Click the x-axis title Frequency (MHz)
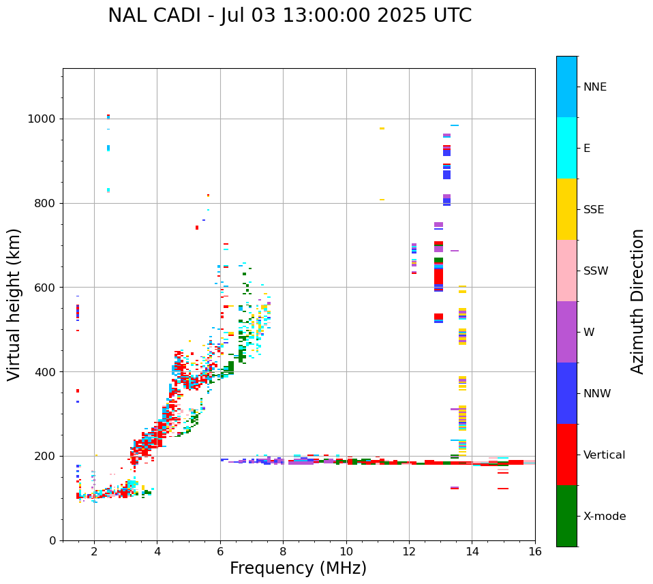pyautogui.click(x=298, y=568)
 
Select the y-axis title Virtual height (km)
pyautogui.click(x=15, y=305)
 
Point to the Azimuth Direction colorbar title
pyautogui.click(x=637, y=301)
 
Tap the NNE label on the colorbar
pyautogui.click(x=594, y=87)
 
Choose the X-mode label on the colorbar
pyautogui.click(x=604, y=517)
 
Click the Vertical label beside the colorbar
pyautogui.click(x=604, y=455)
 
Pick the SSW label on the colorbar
pyautogui.click(x=596, y=271)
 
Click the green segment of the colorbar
pyautogui.click(x=566, y=516)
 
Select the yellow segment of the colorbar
pyautogui.click(x=566, y=209)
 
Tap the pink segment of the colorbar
pyautogui.click(x=566, y=271)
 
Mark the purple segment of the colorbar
pyautogui.click(x=566, y=332)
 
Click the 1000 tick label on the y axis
pyautogui.click(x=42, y=119)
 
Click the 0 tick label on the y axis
pyautogui.click(x=52, y=540)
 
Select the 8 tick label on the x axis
pyautogui.click(x=284, y=552)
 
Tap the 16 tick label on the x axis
pyautogui.click(x=535, y=552)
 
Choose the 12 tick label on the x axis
pyautogui.click(x=409, y=552)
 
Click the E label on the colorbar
pyautogui.click(x=587, y=149)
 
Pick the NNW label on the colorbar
pyautogui.click(x=597, y=394)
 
